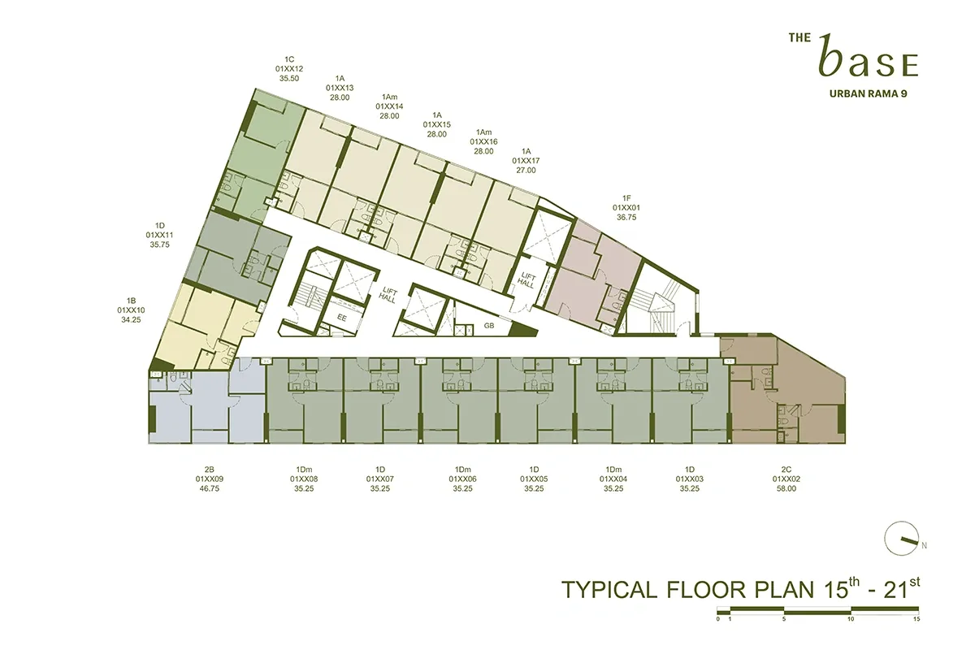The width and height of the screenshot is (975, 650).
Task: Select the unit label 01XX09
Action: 209,479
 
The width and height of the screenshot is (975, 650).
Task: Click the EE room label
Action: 342,318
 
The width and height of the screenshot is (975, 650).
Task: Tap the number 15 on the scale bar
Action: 916,618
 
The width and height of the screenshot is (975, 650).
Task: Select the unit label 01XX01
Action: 626,207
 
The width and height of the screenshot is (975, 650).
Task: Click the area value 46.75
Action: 209,489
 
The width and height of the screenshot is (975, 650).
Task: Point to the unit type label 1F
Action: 626,197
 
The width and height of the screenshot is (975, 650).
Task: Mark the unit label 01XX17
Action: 526,161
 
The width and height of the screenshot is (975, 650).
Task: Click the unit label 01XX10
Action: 131,310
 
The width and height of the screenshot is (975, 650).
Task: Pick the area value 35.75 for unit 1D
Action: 160,244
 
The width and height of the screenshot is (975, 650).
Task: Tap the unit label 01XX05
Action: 535,479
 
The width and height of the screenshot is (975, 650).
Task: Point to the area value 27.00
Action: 526,171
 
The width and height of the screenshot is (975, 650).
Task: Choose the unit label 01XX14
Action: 389,106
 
